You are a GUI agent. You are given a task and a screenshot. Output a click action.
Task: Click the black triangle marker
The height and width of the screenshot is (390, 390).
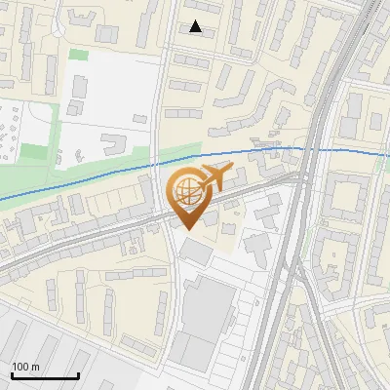tap(196, 27)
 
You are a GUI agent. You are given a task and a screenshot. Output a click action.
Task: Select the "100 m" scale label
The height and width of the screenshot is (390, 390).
tap(26, 367)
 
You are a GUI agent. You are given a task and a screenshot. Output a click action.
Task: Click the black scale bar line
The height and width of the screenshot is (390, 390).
tap(45, 376)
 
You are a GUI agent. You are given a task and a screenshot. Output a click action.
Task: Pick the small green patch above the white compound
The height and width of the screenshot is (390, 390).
tap(78, 54)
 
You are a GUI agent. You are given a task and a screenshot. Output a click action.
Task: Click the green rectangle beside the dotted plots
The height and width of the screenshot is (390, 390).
tap(34, 152)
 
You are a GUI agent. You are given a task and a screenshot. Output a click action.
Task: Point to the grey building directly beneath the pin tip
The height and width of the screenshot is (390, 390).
tap(194, 251)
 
